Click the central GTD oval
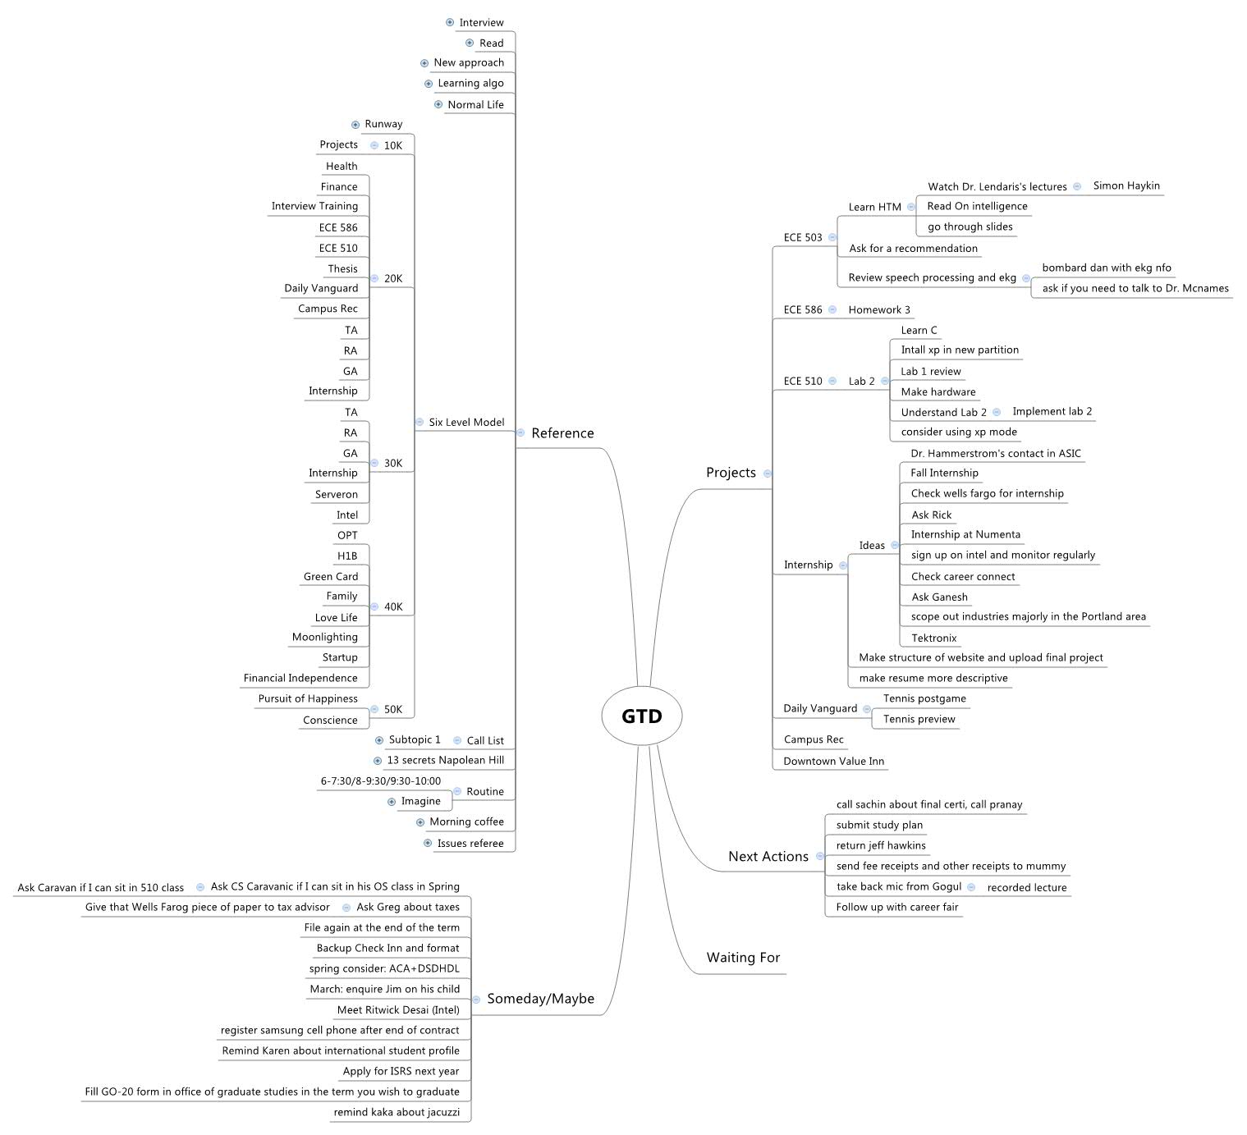(642, 716)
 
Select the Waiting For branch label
(743, 958)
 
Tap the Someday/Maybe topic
(540, 999)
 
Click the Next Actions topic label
(768, 857)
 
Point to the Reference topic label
(562, 433)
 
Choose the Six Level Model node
(466, 423)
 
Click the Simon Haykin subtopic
(1126, 186)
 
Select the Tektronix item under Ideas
(933, 638)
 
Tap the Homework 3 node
(879, 310)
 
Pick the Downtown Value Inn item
(833, 762)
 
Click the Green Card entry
(331, 577)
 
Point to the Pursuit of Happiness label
(308, 699)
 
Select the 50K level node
(393, 710)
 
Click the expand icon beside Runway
(355, 125)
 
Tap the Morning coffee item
(466, 822)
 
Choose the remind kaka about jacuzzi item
(397, 1113)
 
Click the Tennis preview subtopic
(919, 720)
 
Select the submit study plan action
(879, 826)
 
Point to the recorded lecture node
(1027, 888)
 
